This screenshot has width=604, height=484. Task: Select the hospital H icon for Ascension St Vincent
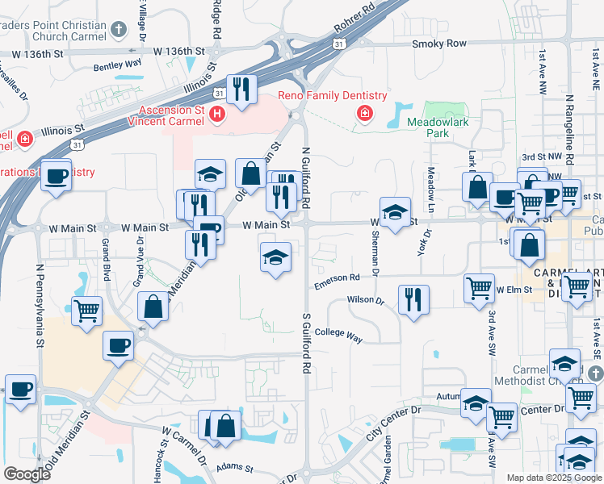click(216, 115)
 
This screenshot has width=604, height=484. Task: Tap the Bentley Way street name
click(118, 64)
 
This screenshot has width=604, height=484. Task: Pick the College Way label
click(338, 332)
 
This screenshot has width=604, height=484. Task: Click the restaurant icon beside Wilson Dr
click(413, 299)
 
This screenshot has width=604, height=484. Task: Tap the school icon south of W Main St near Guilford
click(275, 258)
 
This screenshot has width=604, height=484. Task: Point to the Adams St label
click(234, 467)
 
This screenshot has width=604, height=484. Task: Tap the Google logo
click(27, 474)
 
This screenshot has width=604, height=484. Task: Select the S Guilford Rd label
click(307, 343)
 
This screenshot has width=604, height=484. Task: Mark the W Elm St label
click(514, 289)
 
